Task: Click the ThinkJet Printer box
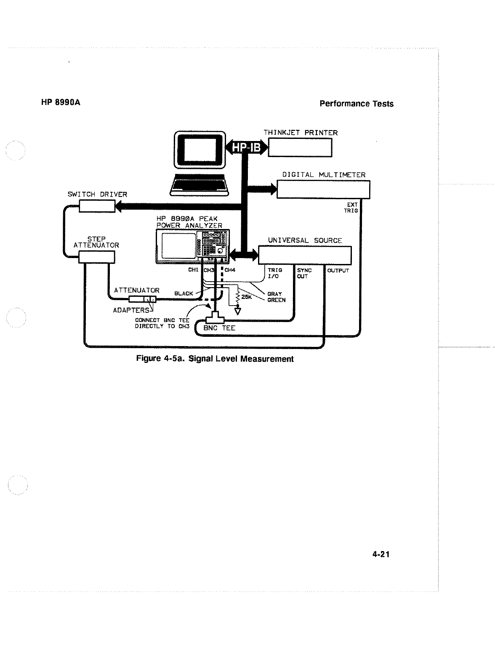300,147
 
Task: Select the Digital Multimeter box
323,189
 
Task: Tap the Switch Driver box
97,206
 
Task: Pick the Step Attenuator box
97,257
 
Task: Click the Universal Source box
304,256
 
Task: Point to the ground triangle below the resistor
238,311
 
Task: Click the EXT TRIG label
351,208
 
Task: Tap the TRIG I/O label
274,273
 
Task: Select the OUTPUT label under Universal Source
338,271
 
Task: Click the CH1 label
193,270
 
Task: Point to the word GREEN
276,300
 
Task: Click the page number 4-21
381,554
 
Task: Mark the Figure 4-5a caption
215,359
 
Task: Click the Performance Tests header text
356,104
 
